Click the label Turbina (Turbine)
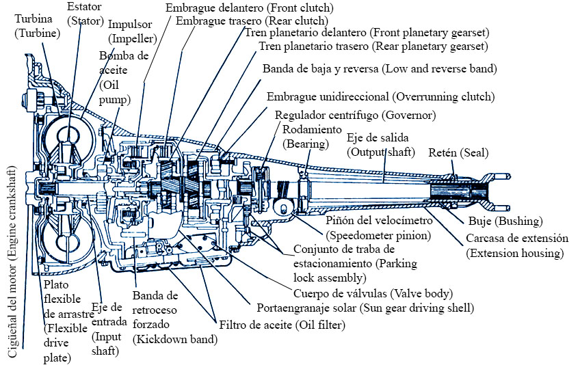click(x=38, y=25)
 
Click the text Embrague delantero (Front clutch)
click(x=250, y=8)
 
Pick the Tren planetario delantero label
click(x=362, y=33)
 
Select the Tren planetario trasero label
click(x=373, y=46)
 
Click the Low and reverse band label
click(x=380, y=69)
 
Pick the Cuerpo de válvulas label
click(x=372, y=294)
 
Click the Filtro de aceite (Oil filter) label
click(x=282, y=325)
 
